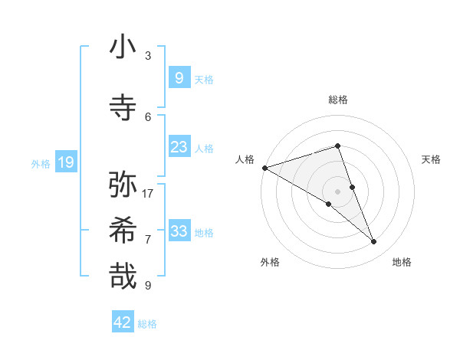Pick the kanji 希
point(123,230)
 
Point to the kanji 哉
point(123,276)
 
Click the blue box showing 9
point(179,77)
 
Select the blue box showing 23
point(179,147)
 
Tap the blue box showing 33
point(179,231)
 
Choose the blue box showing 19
point(65,162)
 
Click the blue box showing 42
point(123,322)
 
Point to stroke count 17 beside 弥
point(148,194)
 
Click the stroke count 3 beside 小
point(148,56)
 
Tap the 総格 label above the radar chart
point(338,100)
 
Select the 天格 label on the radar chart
point(431,159)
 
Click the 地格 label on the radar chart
point(402,263)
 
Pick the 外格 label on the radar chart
point(270,263)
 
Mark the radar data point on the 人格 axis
point(264,167)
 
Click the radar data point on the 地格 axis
point(374,242)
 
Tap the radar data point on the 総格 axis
point(337,146)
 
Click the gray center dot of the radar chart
point(337,191)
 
